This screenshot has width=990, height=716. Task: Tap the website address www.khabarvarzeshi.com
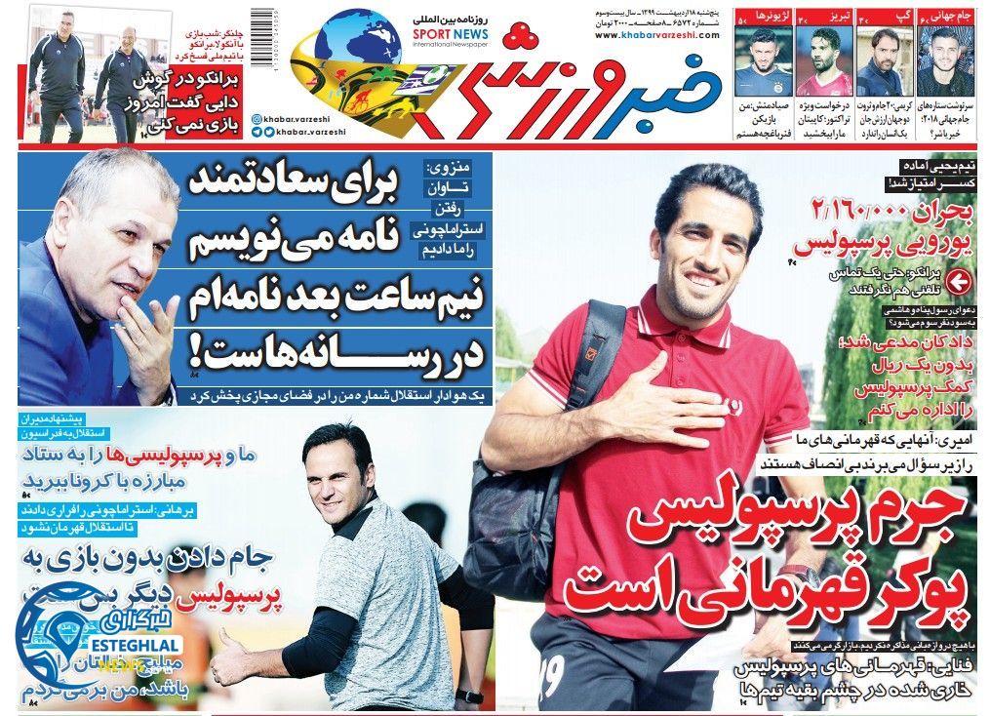[x=655, y=35]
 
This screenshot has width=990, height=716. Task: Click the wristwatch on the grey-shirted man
[x=469, y=696]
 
